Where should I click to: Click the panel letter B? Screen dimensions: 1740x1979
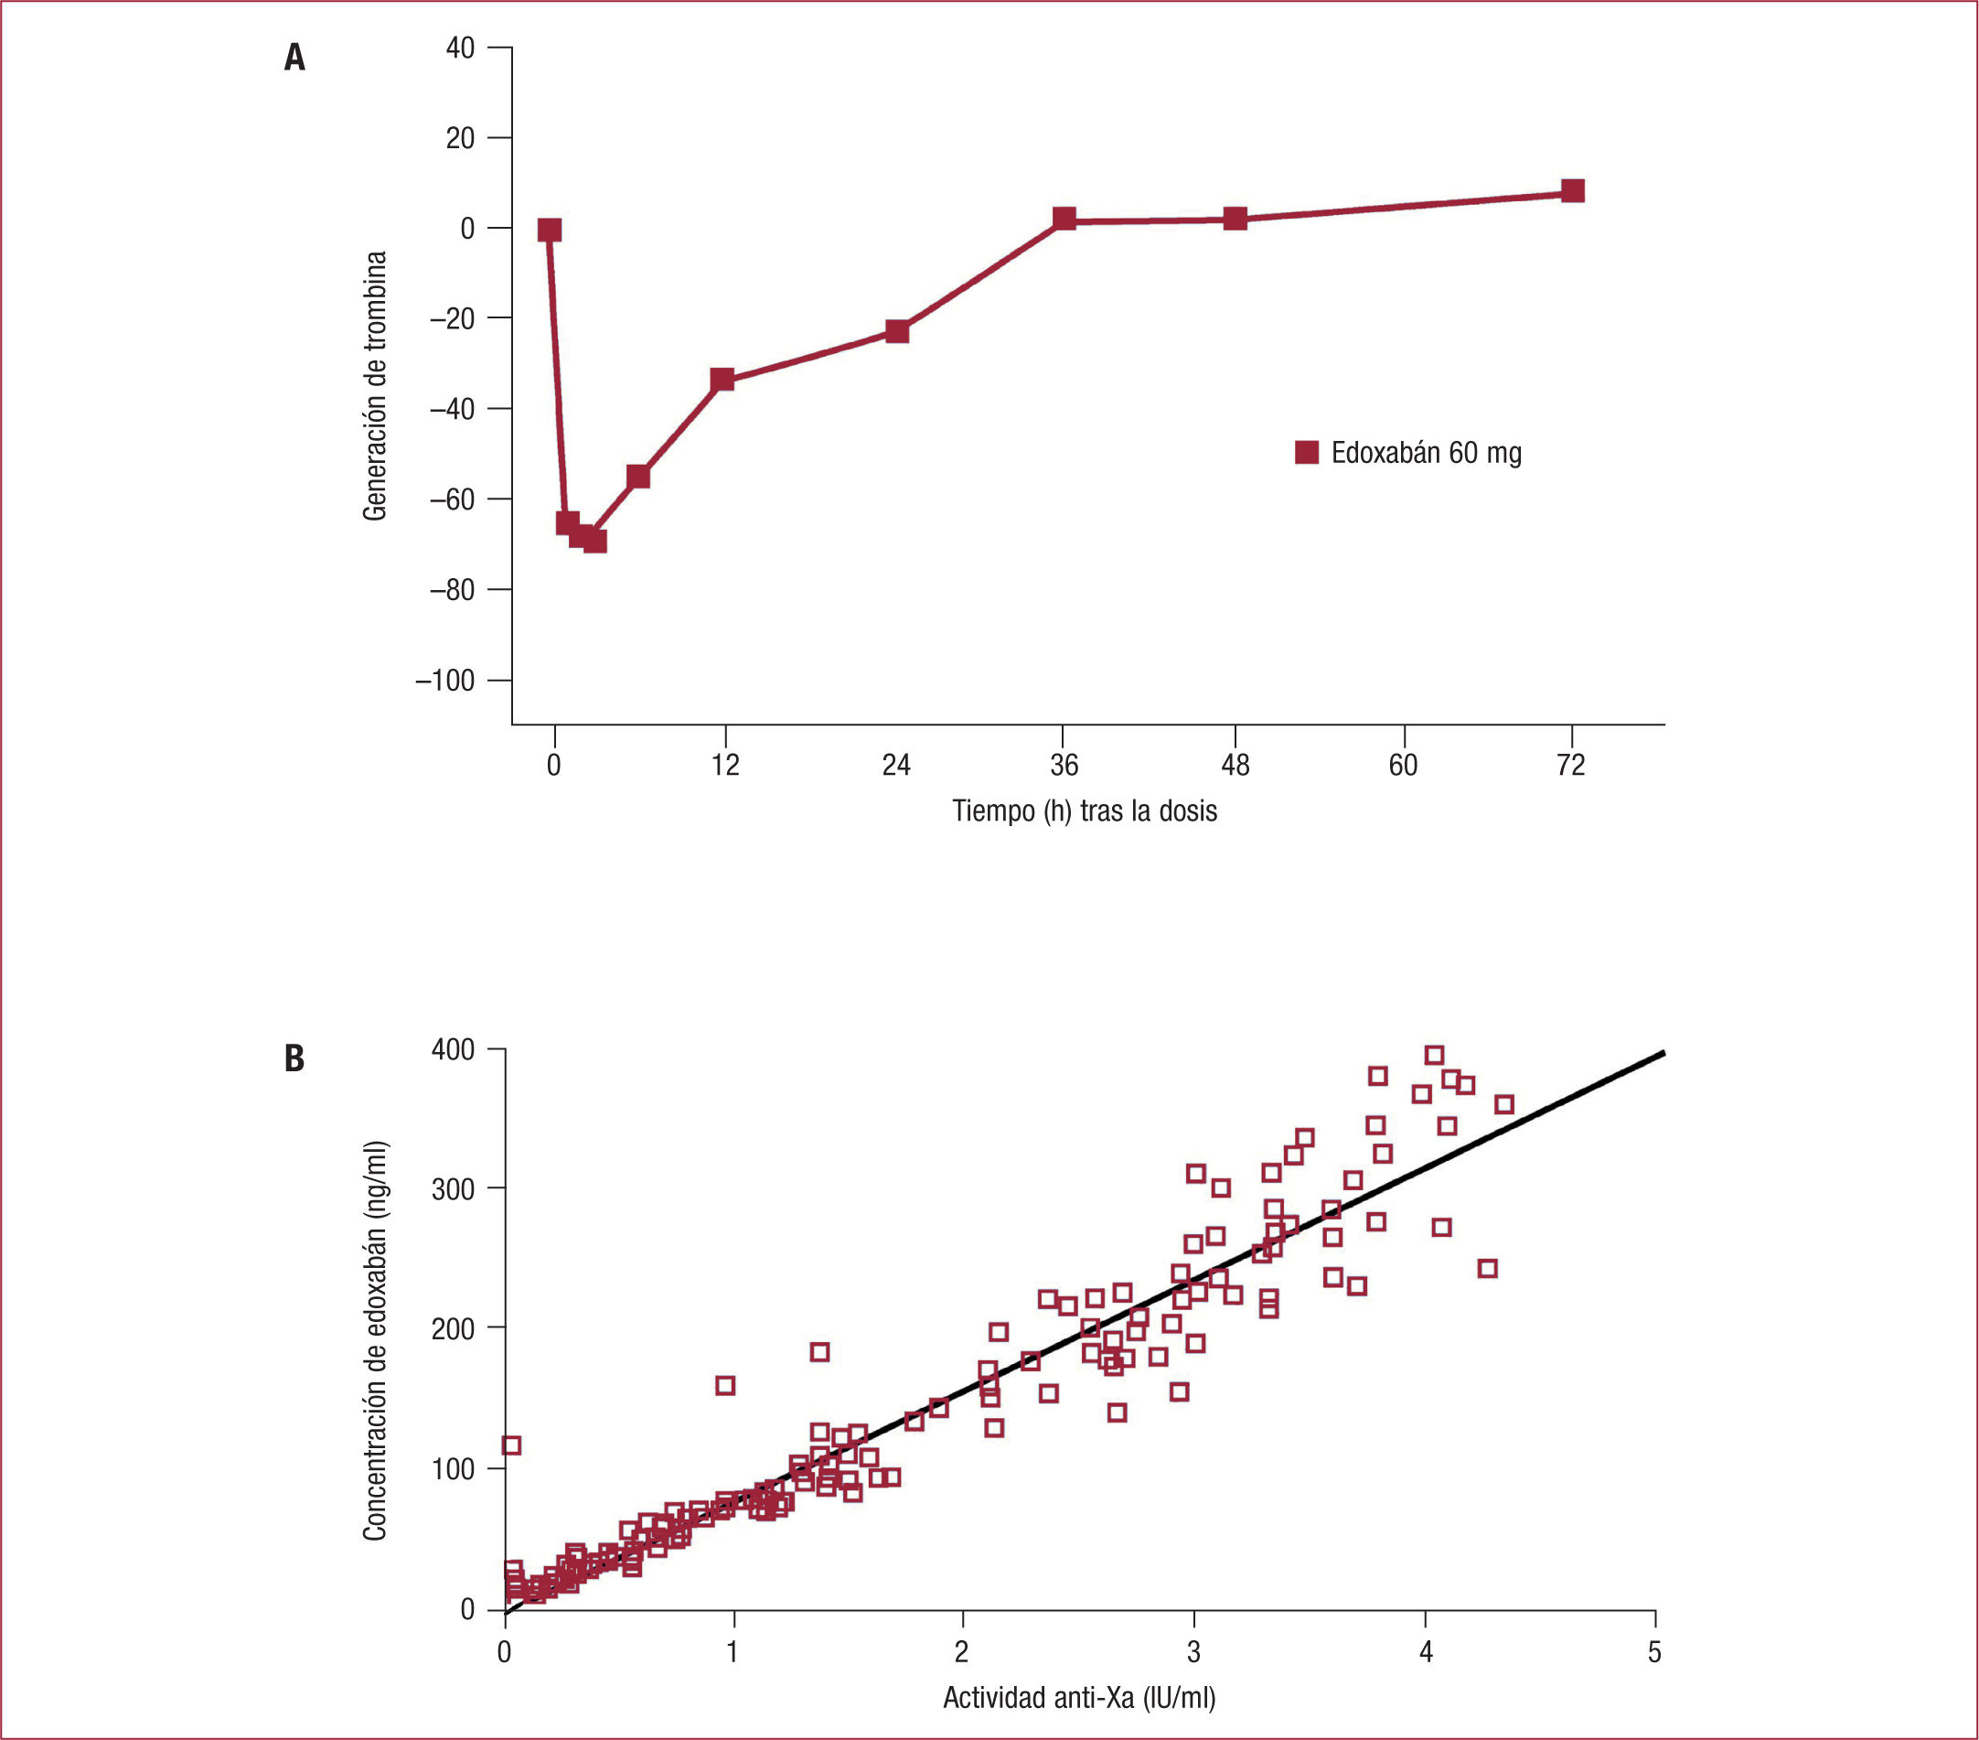[294, 1058]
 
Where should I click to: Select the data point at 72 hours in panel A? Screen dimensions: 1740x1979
[1572, 191]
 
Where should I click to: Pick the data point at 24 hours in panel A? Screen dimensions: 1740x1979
[897, 331]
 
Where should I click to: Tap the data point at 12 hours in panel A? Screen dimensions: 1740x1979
[722, 379]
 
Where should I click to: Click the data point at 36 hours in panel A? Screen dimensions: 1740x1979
[1064, 218]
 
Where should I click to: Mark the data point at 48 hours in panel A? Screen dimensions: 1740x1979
[1235, 219]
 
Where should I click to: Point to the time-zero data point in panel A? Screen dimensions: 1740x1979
[549, 230]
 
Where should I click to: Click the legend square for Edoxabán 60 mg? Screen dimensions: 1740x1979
[1306, 452]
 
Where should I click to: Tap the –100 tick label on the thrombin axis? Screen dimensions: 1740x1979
[445, 681]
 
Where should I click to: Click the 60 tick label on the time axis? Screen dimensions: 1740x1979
[1403, 766]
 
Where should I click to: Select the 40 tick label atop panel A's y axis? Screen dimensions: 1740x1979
[460, 48]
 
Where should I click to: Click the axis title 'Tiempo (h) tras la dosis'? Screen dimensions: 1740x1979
[1085, 811]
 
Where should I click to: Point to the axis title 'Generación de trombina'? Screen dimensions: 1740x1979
[375, 386]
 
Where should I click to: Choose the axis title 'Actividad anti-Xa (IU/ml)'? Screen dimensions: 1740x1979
[1078, 1697]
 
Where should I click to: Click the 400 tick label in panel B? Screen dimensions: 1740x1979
[452, 1049]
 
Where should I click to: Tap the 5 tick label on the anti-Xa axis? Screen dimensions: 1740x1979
[1654, 1652]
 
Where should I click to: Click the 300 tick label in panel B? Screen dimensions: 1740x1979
[452, 1189]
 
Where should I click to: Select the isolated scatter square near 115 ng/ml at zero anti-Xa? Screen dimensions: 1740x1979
[511, 1445]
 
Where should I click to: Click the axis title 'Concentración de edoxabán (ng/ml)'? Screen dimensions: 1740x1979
[375, 1340]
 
